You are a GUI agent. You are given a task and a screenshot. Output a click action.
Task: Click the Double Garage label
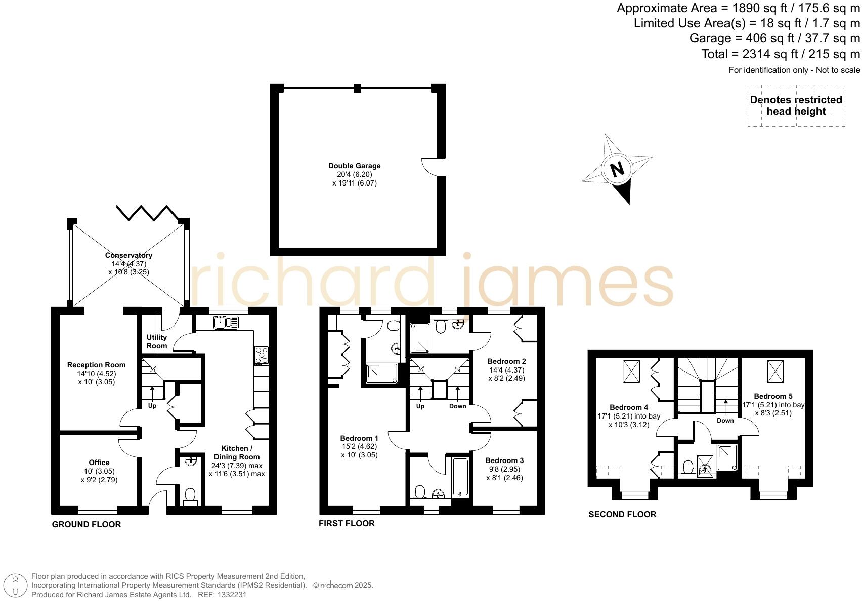[354, 166]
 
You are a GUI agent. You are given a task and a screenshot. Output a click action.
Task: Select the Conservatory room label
[128, 256]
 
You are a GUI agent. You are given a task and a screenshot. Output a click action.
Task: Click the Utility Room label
[157, 341]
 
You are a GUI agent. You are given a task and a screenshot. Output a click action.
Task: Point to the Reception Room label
[96, 365]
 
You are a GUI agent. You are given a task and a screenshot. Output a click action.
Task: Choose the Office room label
[99, 463]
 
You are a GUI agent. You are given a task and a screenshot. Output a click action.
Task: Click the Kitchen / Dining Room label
[236, 452]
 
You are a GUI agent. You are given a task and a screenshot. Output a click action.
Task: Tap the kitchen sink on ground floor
[226, 322]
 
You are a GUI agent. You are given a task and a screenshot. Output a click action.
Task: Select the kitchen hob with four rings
[262, 355]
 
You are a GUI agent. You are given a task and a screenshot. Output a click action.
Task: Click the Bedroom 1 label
[359, 438]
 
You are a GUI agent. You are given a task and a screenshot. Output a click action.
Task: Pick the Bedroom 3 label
[504, 460]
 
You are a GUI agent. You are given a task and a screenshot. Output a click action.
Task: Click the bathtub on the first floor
[460, 477]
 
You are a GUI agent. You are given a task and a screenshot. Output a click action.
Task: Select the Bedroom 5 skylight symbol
[774, 372]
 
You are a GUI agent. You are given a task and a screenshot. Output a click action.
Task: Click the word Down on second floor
[725, 421]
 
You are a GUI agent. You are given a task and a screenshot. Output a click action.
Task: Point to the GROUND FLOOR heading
[87, 524]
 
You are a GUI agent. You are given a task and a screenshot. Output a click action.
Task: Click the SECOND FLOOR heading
[622, 514]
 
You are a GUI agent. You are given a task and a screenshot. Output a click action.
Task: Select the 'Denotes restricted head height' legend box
[796, 106]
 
